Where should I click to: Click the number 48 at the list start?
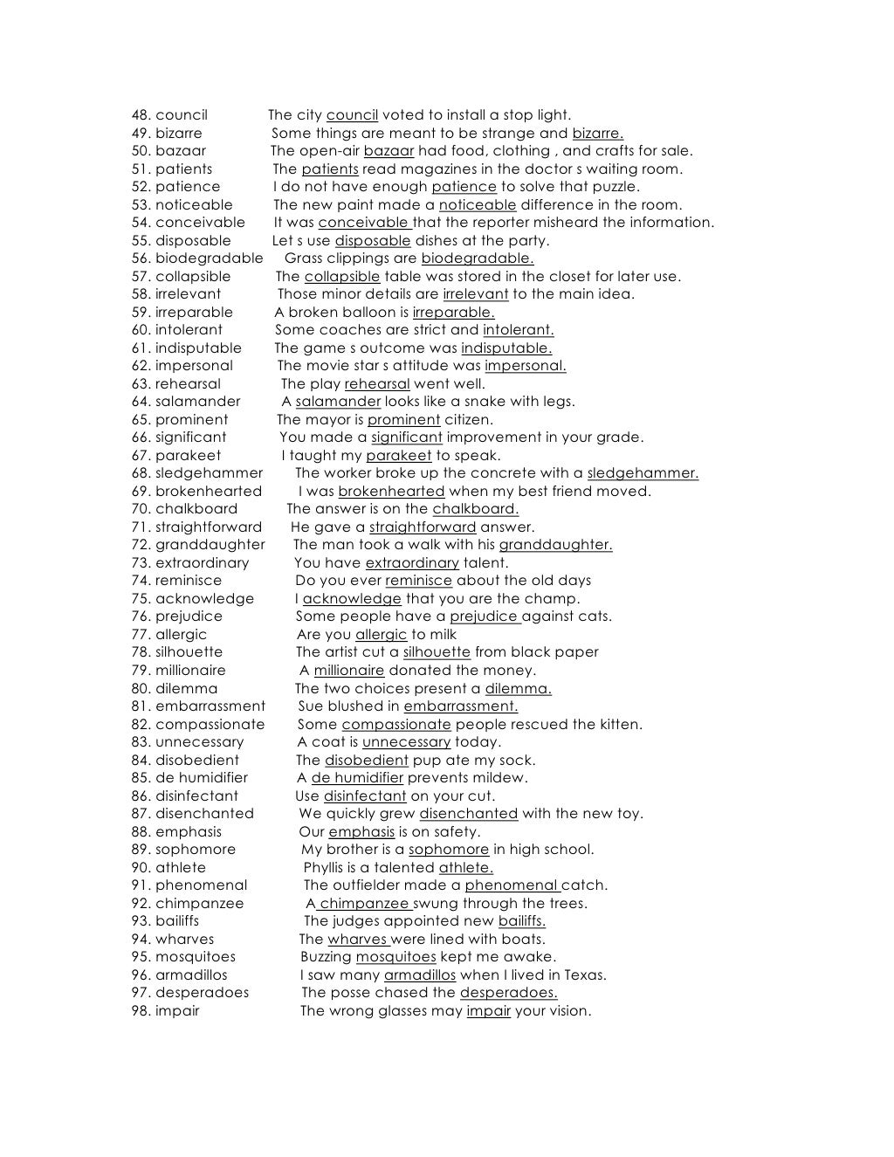139,115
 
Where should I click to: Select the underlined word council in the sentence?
352,115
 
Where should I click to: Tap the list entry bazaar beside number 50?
181,151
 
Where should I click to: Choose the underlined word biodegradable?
477,258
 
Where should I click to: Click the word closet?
553,277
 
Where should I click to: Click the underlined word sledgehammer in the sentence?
643,473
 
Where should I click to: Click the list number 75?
140,599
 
